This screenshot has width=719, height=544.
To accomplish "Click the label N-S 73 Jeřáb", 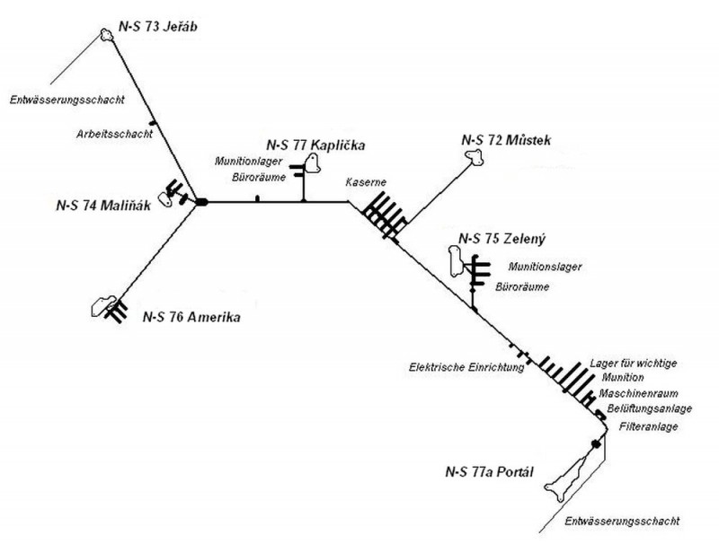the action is tap(158, 27).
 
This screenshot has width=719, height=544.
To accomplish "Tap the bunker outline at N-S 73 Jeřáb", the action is tap(107, 34).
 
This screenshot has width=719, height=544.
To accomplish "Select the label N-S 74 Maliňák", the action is tap(103, 206).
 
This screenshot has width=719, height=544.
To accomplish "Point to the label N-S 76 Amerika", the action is tap(191, 317).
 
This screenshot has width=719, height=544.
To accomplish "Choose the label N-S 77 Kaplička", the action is tap(315, 145).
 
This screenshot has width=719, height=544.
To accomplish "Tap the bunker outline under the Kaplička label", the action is tap(313, 163).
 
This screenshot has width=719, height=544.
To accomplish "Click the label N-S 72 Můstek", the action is tap(506, 140).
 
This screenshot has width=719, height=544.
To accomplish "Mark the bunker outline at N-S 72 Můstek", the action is tap(475, 157).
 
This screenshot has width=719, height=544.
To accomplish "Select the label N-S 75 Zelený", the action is tap(502, 239).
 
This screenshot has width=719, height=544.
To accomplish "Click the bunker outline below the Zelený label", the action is tap(457, 261).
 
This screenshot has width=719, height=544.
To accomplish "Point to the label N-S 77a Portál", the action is tap(489, 471).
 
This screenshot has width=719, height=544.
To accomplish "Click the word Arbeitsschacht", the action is tap(114, 134).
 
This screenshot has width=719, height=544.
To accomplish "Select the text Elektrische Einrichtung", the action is tap(466, 367).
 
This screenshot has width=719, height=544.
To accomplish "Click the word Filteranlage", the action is tap(648, 426).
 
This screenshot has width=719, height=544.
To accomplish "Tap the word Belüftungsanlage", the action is tap(649, 408).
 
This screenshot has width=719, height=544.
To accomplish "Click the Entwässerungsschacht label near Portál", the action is tap(622, 521).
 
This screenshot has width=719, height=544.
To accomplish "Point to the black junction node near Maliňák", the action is tap(201, 201).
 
